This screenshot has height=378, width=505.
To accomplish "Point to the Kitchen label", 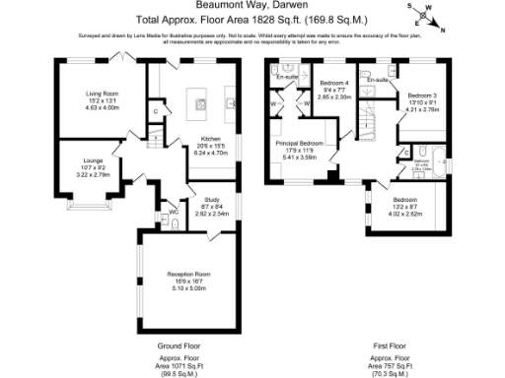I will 211,139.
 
